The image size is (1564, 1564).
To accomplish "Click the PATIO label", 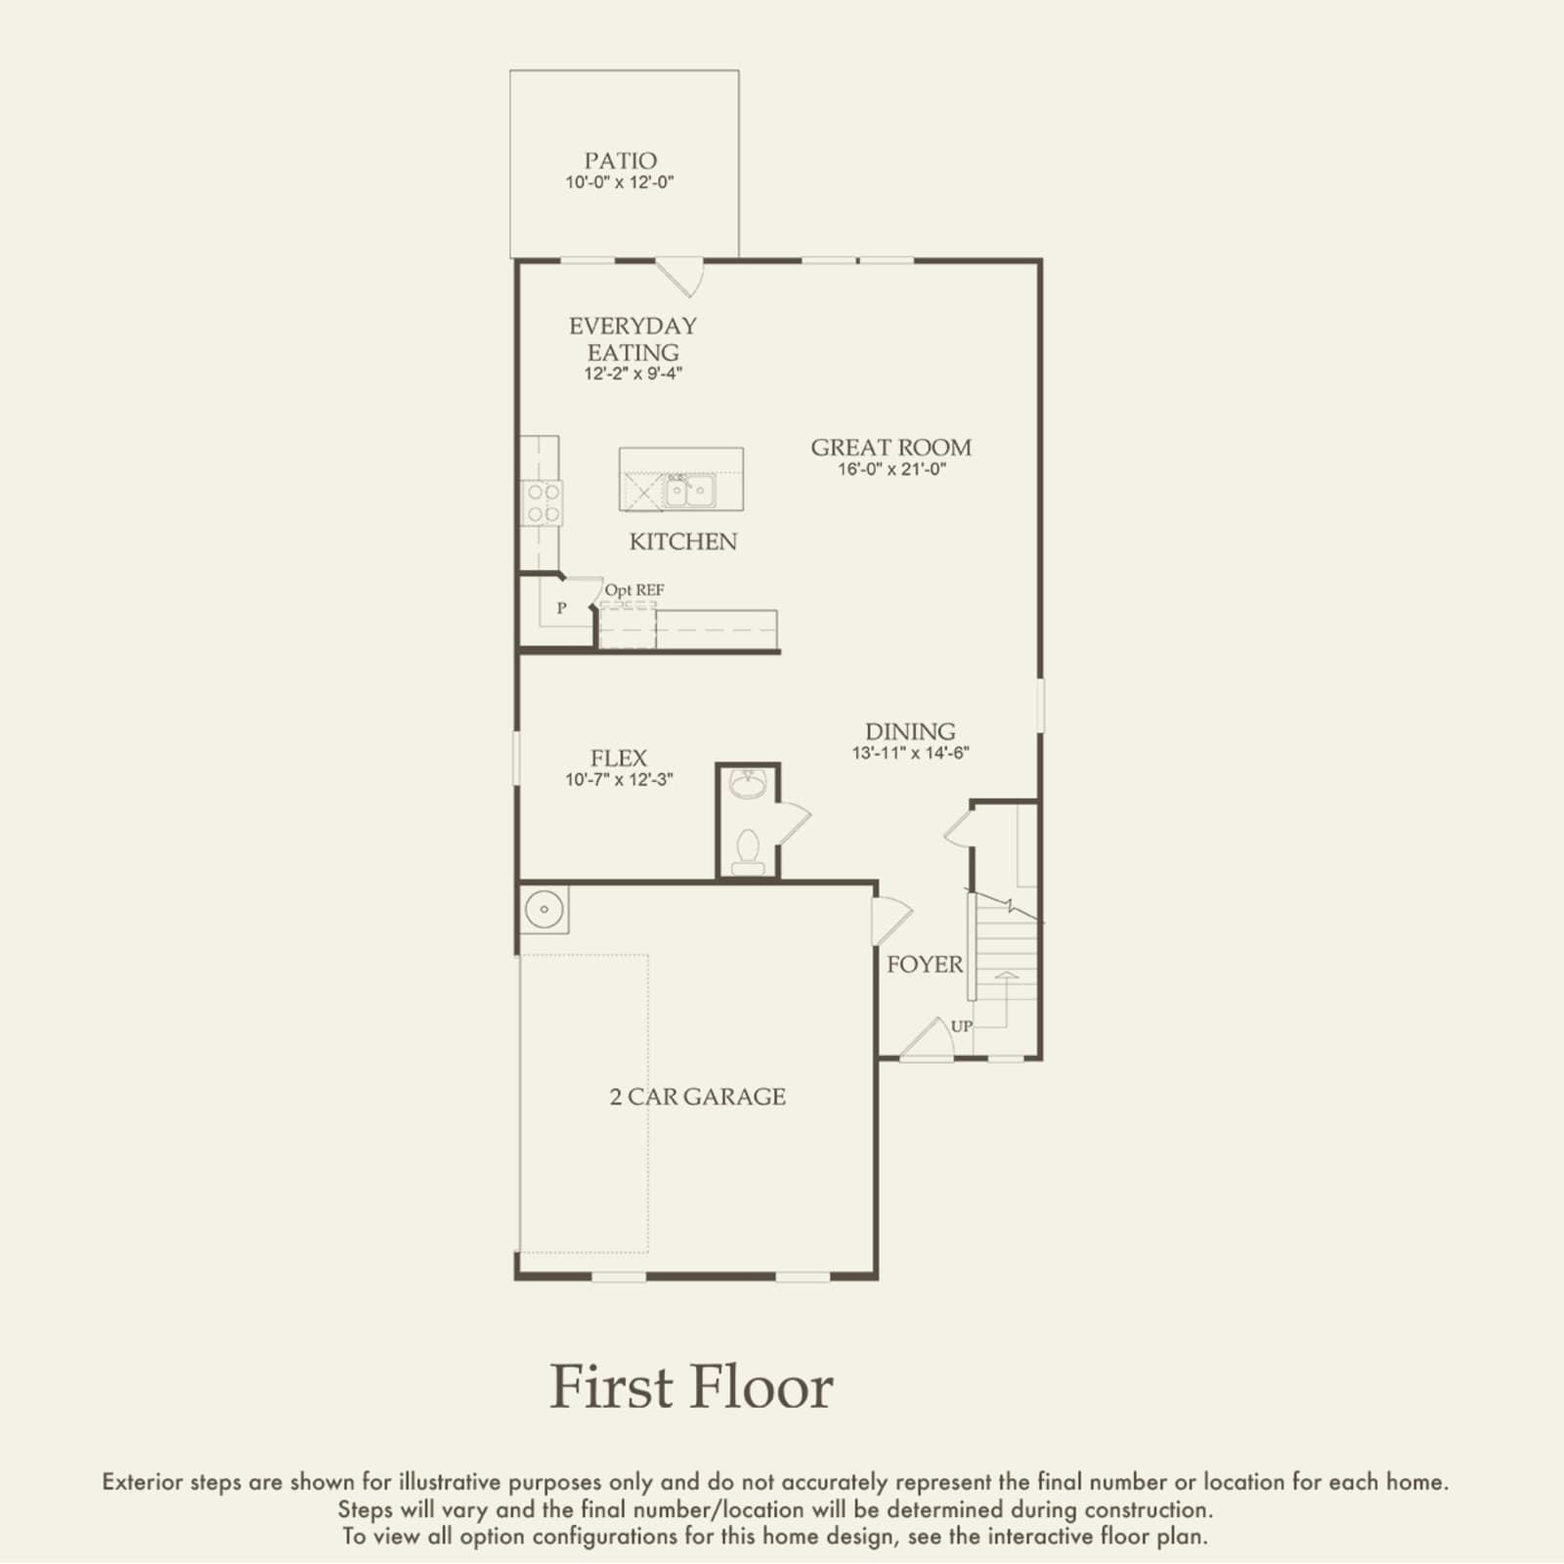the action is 620,160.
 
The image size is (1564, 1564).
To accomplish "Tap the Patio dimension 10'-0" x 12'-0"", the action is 620,183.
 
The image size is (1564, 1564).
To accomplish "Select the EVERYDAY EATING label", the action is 633,338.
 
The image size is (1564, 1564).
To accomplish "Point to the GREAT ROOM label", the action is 891,448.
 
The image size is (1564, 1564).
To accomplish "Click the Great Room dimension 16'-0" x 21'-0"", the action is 891,469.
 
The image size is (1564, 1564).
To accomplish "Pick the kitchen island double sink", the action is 690,490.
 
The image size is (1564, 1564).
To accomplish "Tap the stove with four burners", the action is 542,502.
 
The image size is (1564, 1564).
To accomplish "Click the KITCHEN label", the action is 683,542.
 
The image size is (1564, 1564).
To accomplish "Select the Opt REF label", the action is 634,590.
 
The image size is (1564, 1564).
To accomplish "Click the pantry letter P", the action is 562,608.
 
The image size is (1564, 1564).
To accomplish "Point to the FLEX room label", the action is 619,759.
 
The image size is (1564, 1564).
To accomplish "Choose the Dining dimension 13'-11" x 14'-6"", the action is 911,754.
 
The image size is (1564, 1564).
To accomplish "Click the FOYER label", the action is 925,965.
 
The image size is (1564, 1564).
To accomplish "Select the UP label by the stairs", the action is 962,1026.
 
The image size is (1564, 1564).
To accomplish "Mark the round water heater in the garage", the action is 544,910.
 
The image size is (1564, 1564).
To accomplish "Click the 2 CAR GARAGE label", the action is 698,1097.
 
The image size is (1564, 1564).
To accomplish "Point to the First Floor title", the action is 692,1387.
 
